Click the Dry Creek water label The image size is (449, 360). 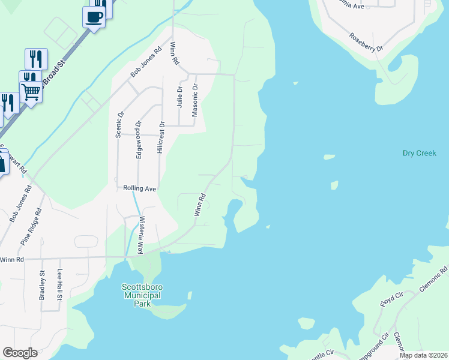click(419, 154)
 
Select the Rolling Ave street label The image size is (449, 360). click(140, 188)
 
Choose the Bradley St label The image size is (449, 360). click(43, 286)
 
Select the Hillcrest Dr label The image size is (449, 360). click(161, 138)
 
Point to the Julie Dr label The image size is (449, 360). click(179, 97)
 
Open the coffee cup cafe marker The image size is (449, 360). click(94, 17)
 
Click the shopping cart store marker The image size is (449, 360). click(30, 92)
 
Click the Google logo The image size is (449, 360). click(20, 353)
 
